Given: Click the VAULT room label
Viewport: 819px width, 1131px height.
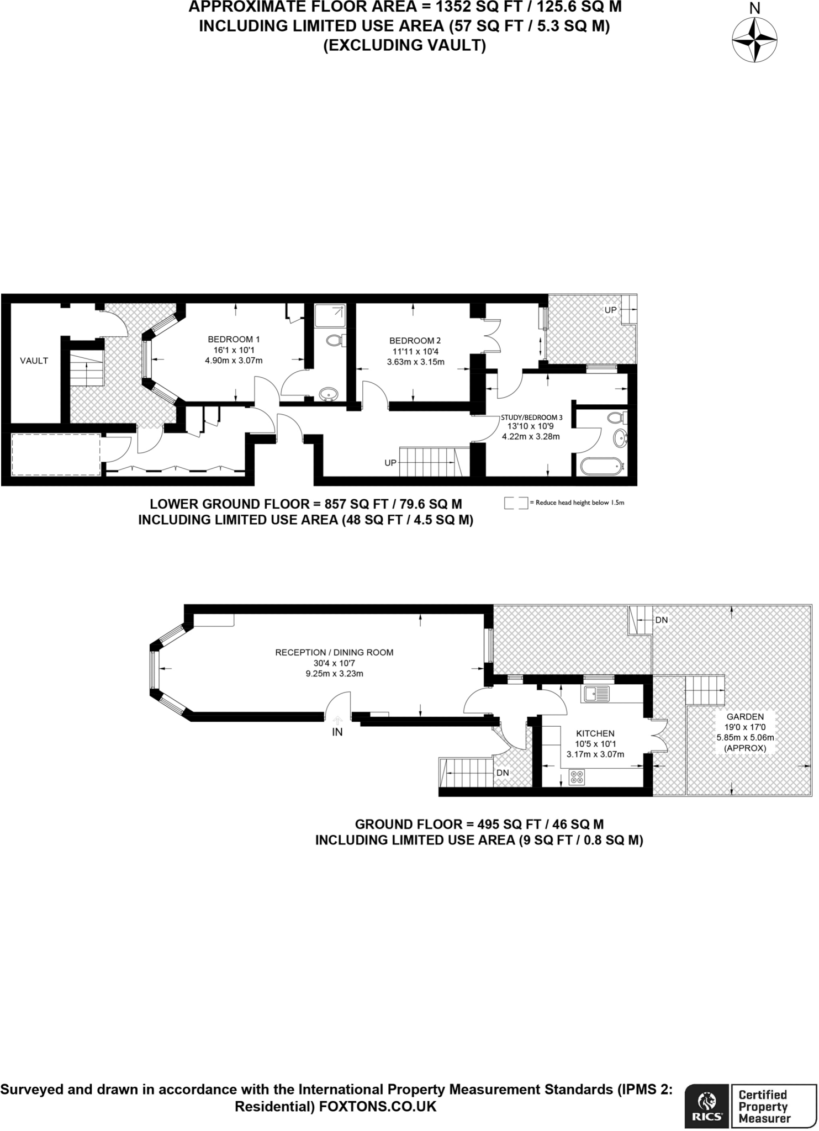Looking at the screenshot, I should click(x=34, y=361).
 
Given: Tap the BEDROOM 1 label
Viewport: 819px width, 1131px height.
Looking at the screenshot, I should click(x=234, y=339).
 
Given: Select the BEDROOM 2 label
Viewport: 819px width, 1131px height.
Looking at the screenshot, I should click(x=415, y=341).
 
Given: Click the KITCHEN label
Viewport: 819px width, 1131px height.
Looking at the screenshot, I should click(x=595, y=733).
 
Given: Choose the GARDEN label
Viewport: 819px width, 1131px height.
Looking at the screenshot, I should click(x=745, y=717).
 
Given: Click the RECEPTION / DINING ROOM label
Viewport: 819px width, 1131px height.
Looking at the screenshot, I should click(x=334, y=652).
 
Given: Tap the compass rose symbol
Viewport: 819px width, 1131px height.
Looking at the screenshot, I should click(x=754, y=40).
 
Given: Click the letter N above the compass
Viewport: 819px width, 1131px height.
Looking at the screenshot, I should click(x=754, y=8).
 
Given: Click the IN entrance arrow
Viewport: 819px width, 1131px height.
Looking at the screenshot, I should click(x=337, y=720).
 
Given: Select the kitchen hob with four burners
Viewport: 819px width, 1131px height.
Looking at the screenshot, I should click(x=577, y=777).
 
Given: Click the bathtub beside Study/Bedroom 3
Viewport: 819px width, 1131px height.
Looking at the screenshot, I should click(x=601, y=467).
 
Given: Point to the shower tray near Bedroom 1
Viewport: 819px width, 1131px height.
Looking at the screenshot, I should click(x=330, y=316).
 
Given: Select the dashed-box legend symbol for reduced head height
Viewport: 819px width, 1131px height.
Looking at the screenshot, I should click(x=516, y=503).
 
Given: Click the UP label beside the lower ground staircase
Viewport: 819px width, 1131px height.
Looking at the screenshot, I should click(x=390, y=463).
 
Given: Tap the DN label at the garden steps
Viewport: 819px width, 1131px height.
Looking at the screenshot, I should click(x=661, y=620).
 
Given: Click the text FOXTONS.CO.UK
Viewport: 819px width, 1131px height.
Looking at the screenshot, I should click(x=377, y=1107).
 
